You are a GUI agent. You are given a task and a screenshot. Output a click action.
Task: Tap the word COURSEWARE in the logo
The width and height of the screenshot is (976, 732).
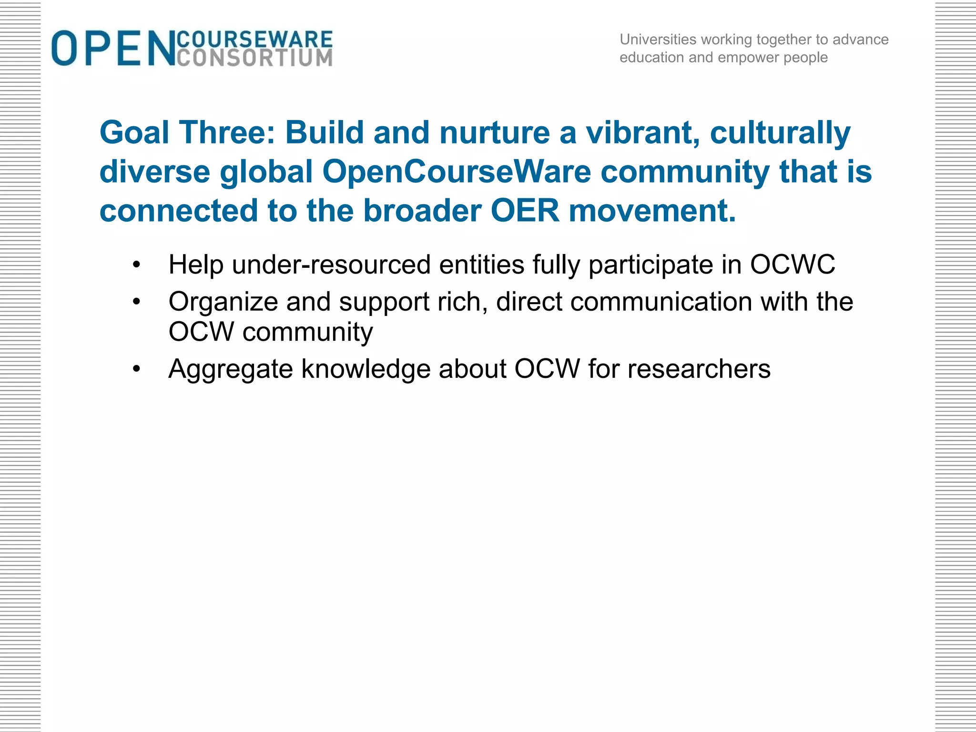254,39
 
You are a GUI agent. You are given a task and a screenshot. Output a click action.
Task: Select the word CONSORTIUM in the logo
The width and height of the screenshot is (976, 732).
254,58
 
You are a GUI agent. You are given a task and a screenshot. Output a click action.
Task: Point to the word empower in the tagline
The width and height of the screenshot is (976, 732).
748,58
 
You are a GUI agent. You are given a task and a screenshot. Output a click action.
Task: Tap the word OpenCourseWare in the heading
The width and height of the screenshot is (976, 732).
457,172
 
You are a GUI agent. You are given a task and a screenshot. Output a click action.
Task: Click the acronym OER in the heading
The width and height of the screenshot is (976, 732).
525,211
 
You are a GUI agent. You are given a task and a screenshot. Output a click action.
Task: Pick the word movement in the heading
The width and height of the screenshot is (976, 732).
652,211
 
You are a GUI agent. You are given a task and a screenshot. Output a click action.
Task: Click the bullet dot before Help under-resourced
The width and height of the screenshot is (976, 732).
137,265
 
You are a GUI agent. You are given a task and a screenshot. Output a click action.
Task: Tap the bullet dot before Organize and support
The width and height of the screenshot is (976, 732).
137,302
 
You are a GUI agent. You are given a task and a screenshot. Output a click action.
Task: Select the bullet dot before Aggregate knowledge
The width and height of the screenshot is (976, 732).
137,369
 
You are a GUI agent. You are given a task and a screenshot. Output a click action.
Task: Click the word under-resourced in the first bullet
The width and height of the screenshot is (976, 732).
331,265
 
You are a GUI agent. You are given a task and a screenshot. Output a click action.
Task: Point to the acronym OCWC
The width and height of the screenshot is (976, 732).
793,265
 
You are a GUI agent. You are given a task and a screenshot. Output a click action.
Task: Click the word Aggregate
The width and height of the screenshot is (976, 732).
230,370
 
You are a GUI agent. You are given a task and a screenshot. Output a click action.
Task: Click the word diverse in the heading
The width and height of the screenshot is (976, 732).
154,172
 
